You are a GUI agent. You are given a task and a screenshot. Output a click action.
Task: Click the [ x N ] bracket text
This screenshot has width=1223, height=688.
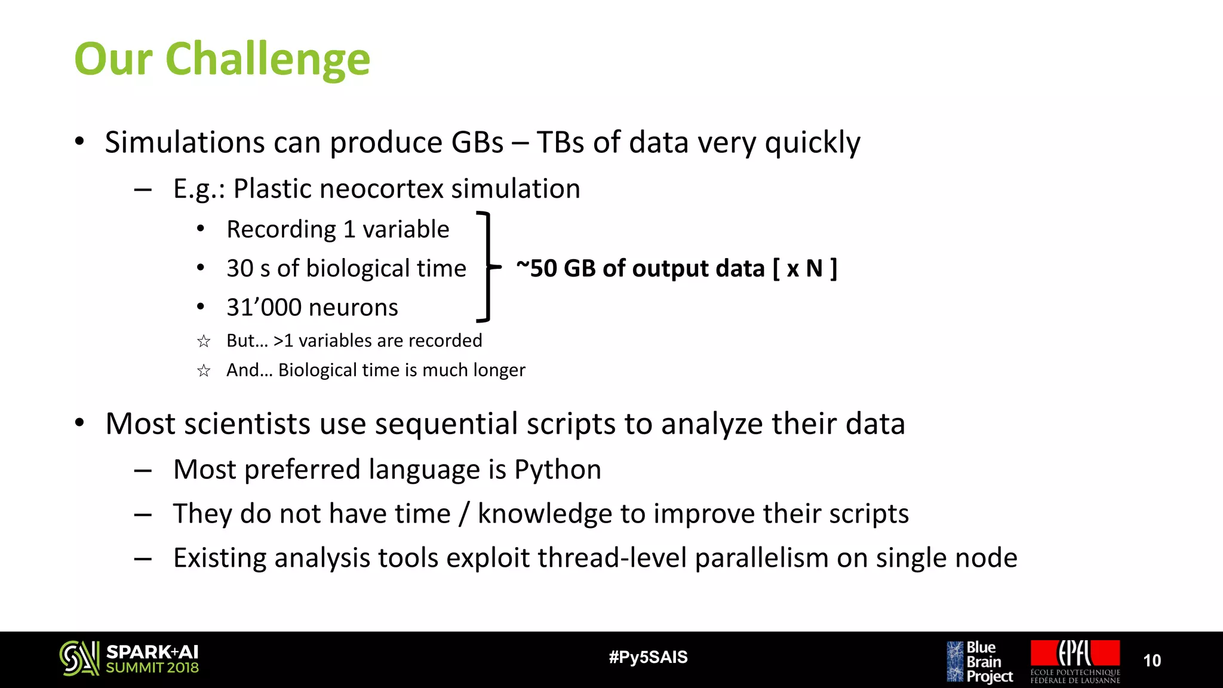(804, 268)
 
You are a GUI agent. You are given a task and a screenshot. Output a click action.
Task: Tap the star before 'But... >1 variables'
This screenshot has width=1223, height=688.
(204, 341)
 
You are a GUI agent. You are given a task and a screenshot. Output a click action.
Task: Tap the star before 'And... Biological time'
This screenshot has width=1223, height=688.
(204, 371)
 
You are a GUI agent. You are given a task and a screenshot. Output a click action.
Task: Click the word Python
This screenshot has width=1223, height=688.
(557, 469)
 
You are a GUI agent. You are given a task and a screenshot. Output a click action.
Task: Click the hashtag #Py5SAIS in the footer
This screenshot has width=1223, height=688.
(648, 658)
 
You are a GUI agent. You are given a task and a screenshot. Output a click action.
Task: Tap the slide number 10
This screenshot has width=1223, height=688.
(1151, 661)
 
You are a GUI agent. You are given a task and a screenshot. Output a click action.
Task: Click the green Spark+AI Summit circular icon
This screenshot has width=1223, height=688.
(79, 658)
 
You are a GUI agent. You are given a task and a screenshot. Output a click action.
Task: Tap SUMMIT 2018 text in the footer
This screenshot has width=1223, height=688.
(152, 668)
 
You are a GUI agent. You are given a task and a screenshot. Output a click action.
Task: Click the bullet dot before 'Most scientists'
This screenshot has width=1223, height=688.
(79, 423)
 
